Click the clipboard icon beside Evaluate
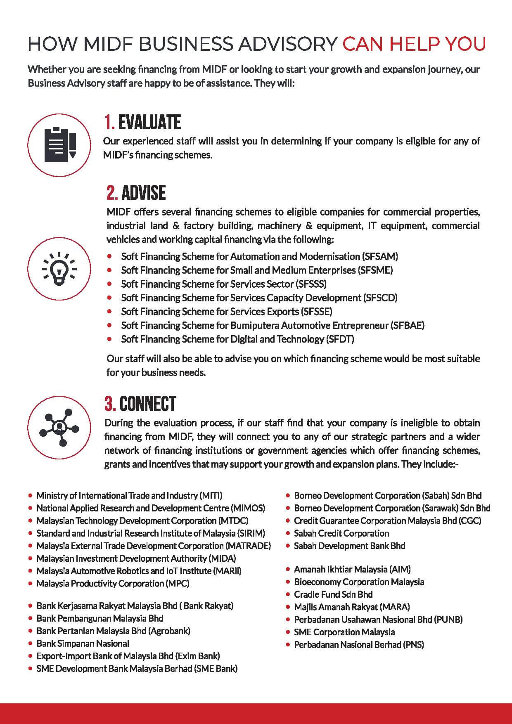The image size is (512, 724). tap(59, 145)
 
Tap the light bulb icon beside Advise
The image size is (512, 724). tap(59, 269)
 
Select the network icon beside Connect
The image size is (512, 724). tap(59, 427)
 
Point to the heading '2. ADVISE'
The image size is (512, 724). tap(136, 193)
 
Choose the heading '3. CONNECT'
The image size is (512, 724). tap(140, 404)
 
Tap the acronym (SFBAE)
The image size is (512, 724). tap(407, 325)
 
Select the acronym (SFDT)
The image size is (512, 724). tap(340, 339)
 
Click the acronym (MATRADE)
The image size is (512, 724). tap(248, 546)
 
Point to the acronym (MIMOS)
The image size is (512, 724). tap(248, 508)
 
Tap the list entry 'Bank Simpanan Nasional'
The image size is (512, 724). tap(83, 644)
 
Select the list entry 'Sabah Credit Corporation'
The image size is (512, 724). tap(341, 533)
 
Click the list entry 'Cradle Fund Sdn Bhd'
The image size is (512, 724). tap(333, 594)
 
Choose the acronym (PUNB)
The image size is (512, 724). tap(448, 620)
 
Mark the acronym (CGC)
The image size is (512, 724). tap(470, 521)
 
